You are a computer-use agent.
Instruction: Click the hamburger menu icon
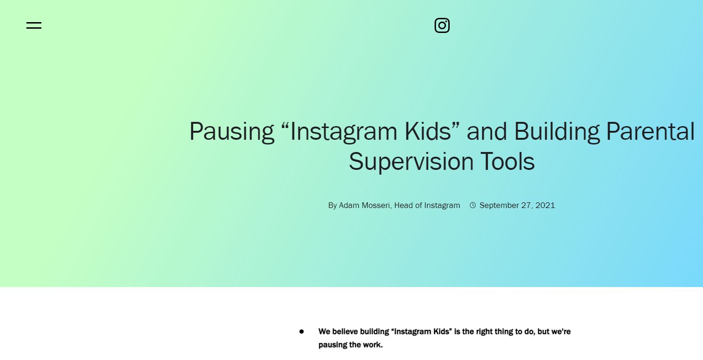34,25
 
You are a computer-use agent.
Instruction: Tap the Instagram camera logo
442,25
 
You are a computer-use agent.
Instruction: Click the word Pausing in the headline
232,132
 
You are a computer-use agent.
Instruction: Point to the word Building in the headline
557,132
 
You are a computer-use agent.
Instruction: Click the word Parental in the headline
650,131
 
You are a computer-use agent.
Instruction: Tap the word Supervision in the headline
411,162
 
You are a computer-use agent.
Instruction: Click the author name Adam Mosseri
364,205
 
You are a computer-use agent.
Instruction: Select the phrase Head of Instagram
427,205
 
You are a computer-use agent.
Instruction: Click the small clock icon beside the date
473,205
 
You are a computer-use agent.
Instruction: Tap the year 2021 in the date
545,205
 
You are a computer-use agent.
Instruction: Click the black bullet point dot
302,331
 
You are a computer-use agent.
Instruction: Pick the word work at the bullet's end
373,344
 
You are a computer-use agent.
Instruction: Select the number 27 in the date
527,205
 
